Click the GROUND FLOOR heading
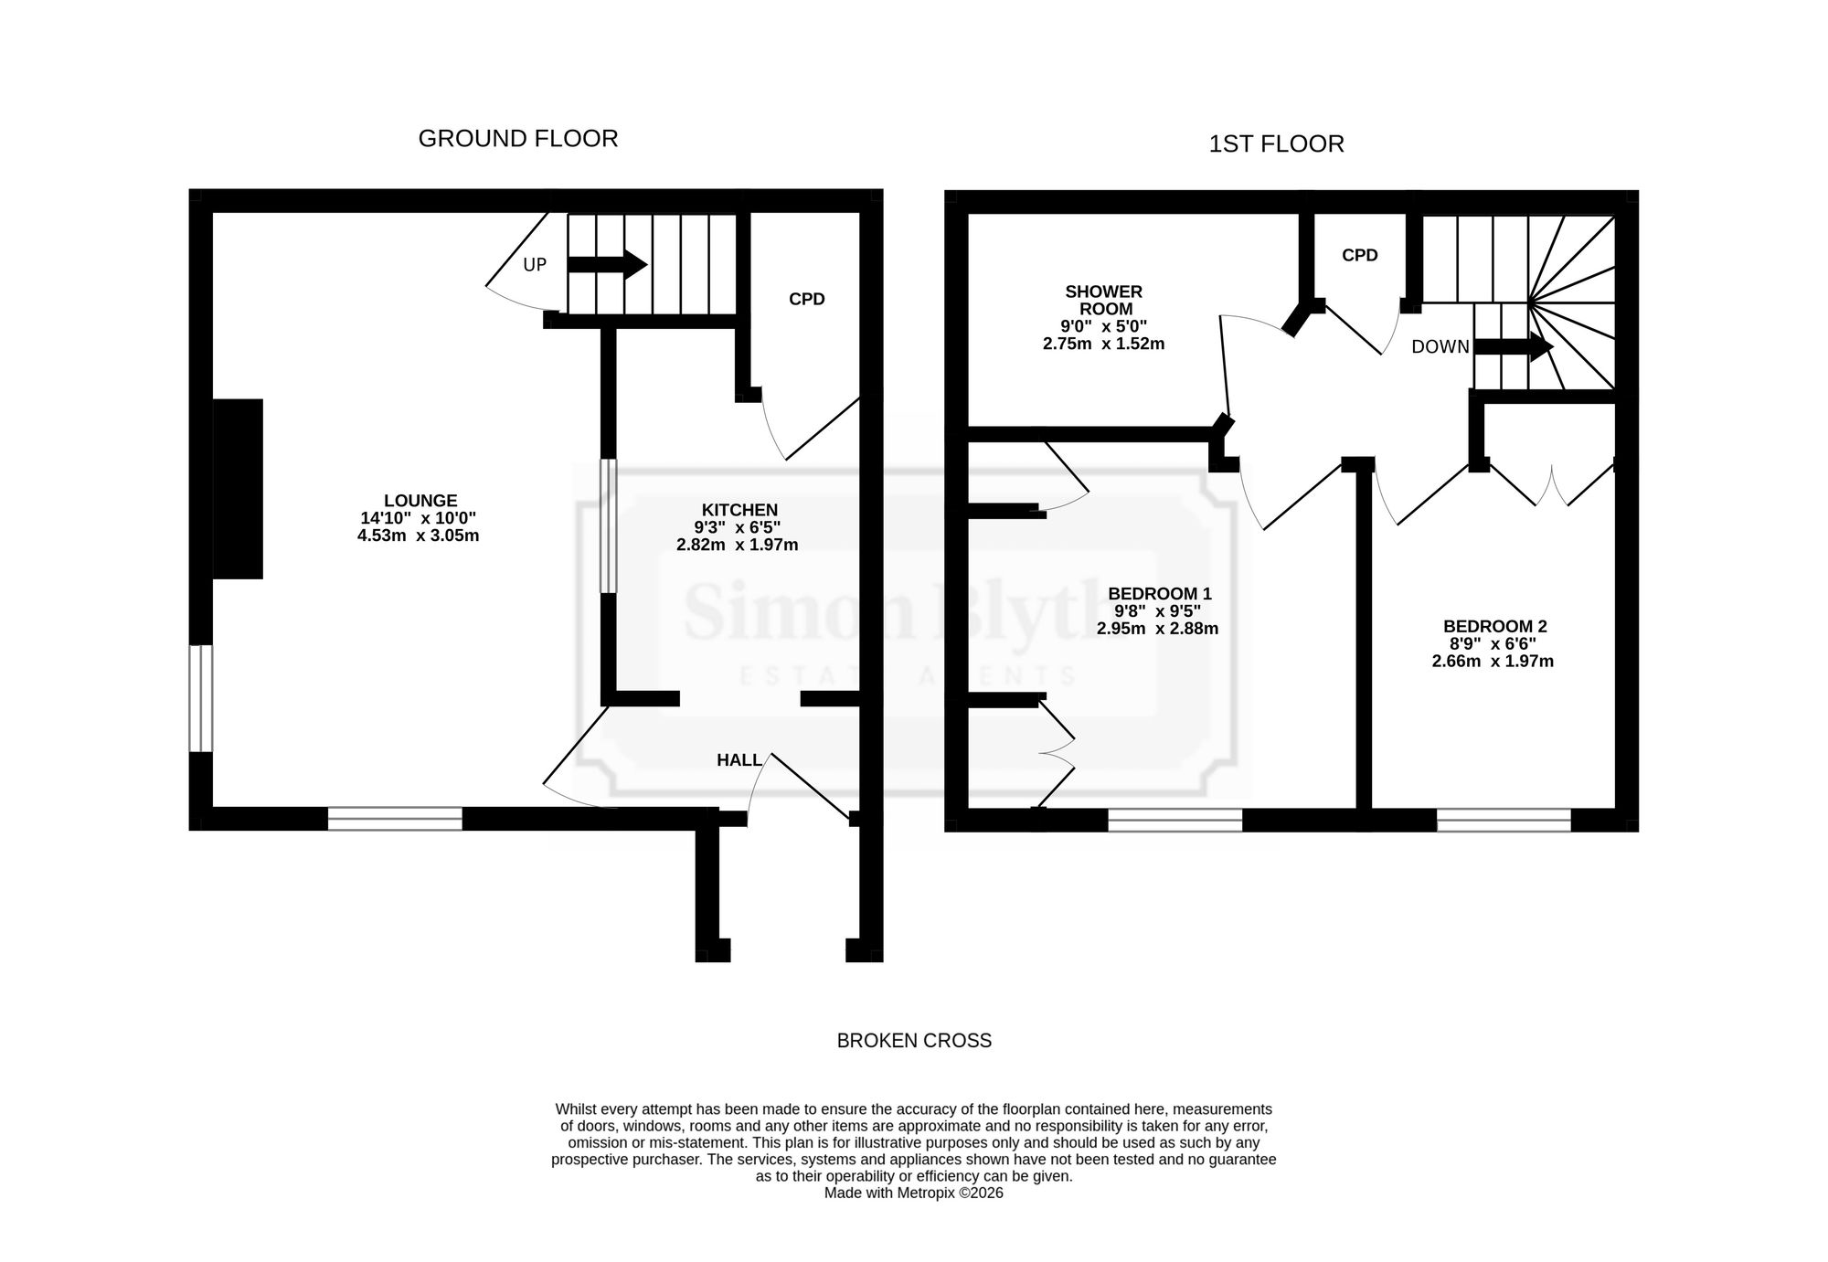coord(518,139)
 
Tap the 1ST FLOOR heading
coord(1276,144)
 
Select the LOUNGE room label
coord(420,501)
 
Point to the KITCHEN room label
coord(739,510)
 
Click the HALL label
coord(739,760)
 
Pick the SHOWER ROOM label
coord(1104,301)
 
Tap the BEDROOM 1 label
coord(1160,594)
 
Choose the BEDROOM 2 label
coord(1495,626)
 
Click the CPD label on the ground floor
coord(807,299)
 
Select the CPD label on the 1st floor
coord(1360,255)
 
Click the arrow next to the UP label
coord(608,265)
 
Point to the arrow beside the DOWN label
coord(1514,346)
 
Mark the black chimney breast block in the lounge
coord(238,489)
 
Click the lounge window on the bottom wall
coord(395,819)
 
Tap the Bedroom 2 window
coord(1504,820)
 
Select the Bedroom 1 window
coord(1175,820)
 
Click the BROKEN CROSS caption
coord(914,1041)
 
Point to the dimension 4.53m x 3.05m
coord(419,536)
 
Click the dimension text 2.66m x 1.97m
coord(1493,661)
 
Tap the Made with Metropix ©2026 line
coord(914,1193)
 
